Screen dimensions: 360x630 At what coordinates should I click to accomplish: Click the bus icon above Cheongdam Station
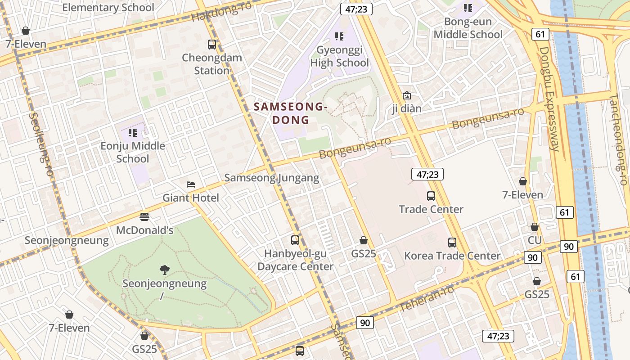click(x=212, y=45)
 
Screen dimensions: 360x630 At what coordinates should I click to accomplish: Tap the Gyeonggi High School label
click(x=339, y=56)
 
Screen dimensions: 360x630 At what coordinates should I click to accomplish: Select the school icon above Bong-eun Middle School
click(x=468, y=8)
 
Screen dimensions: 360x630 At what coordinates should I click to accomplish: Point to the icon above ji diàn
click(x=406, y=95)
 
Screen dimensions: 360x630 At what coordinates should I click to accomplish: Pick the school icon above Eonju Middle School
click(x=132, y=132)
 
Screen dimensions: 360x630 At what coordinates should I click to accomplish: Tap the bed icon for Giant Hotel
click(x=191, y=184)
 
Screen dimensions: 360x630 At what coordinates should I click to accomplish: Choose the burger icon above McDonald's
click(x=144, y=217)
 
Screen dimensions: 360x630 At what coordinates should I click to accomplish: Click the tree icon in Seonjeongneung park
click(x=164, y=270)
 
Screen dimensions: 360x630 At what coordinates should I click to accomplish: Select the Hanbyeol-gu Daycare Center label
click(x=295, y=260)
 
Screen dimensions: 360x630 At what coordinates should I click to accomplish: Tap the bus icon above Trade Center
click(x=431, y=196)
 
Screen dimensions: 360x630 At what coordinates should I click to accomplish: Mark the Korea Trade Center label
click(x=452, y=256)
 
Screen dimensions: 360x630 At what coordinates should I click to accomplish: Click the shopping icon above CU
click(x=535, y=227)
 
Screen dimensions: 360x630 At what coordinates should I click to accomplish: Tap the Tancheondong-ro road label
click(x=618, y=139)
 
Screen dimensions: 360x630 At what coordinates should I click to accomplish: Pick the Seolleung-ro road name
click(x=41, y=144)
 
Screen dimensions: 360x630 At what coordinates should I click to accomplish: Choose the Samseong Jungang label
click(x=272, y=178)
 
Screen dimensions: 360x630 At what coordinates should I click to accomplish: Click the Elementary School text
click(x=108, y=7)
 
